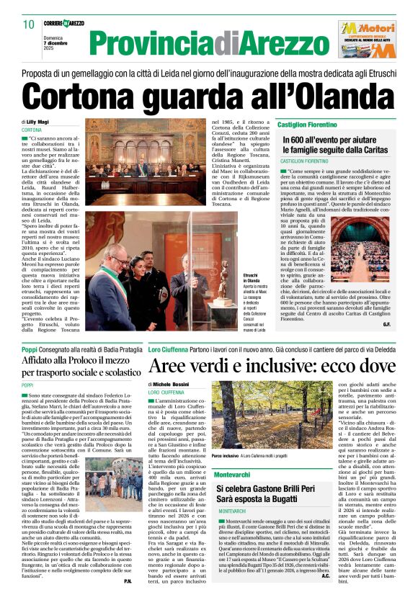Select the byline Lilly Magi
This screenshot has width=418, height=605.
point(39,122)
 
